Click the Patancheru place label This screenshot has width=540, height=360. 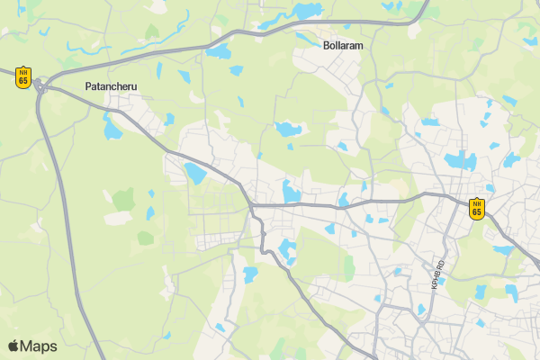click(113, 86)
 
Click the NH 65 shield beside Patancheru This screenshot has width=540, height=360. click(23, 76)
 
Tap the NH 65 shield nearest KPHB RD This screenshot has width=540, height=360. click(476, 208)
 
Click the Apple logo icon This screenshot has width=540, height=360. click(13, 346)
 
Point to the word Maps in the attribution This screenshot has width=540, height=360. click(39, 346)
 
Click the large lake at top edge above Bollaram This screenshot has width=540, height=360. click(306, 11)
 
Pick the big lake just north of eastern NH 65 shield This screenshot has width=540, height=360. click(461, 161)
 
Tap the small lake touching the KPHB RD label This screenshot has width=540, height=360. click(441, 281)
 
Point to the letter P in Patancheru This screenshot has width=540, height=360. click(87, 86)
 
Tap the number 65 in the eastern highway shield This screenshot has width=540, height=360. click(476, 212)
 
